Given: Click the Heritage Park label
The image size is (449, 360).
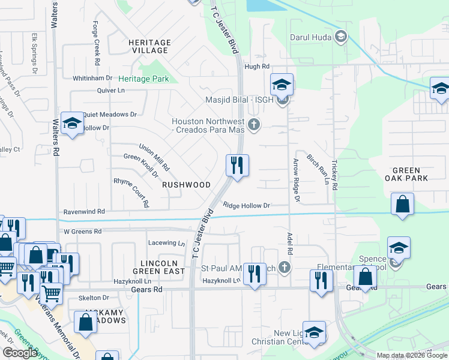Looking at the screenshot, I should point(143,79).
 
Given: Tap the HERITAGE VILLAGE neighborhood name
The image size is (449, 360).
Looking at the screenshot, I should point(149,47).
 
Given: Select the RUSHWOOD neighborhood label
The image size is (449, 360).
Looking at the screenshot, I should point(186,185).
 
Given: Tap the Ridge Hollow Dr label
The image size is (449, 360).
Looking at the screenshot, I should point(247,205).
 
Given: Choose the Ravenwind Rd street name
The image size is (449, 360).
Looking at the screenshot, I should point(84,212).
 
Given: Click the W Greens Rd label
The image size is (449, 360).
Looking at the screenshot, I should point(83,231).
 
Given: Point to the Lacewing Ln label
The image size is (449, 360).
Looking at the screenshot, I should point(167,243).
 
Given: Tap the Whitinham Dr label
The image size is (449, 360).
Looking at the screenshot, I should point(92,78).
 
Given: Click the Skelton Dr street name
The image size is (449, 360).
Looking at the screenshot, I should point(95,298).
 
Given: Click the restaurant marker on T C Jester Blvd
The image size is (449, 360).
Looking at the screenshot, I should point(237,166).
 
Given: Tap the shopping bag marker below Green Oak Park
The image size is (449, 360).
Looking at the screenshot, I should point(402,204).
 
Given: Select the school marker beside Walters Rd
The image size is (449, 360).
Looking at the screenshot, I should point(72,124).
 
